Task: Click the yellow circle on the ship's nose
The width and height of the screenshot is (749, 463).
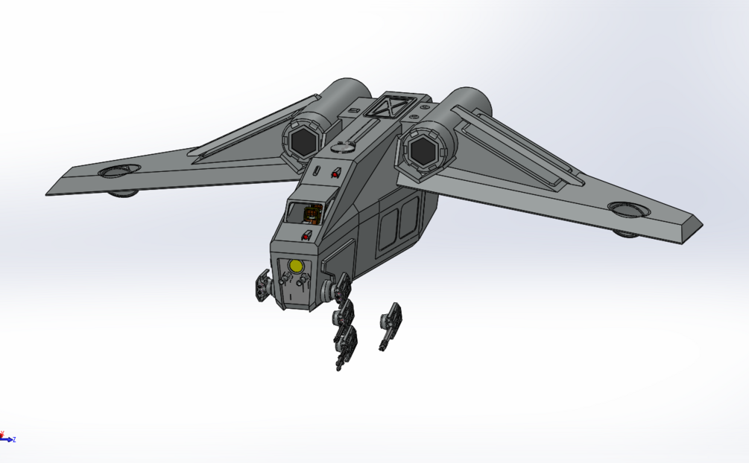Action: (x=296, y=266)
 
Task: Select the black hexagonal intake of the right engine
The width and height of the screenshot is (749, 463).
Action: (x=422, y=150)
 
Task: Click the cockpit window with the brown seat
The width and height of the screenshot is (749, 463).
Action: (x=306, y=214)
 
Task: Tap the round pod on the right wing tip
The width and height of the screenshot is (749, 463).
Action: (x=628, y=210)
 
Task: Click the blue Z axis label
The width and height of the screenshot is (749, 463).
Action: (x=13, y=440)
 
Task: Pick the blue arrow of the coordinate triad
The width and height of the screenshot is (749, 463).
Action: (x=7, y=440)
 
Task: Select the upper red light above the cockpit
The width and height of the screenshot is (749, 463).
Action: (x=335, y=173)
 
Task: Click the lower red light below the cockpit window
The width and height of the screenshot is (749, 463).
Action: (x=306, y=236)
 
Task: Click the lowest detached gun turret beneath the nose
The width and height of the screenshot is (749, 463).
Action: (x=345, y=344)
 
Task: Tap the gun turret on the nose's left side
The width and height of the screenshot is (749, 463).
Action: (x=262, y=284)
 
